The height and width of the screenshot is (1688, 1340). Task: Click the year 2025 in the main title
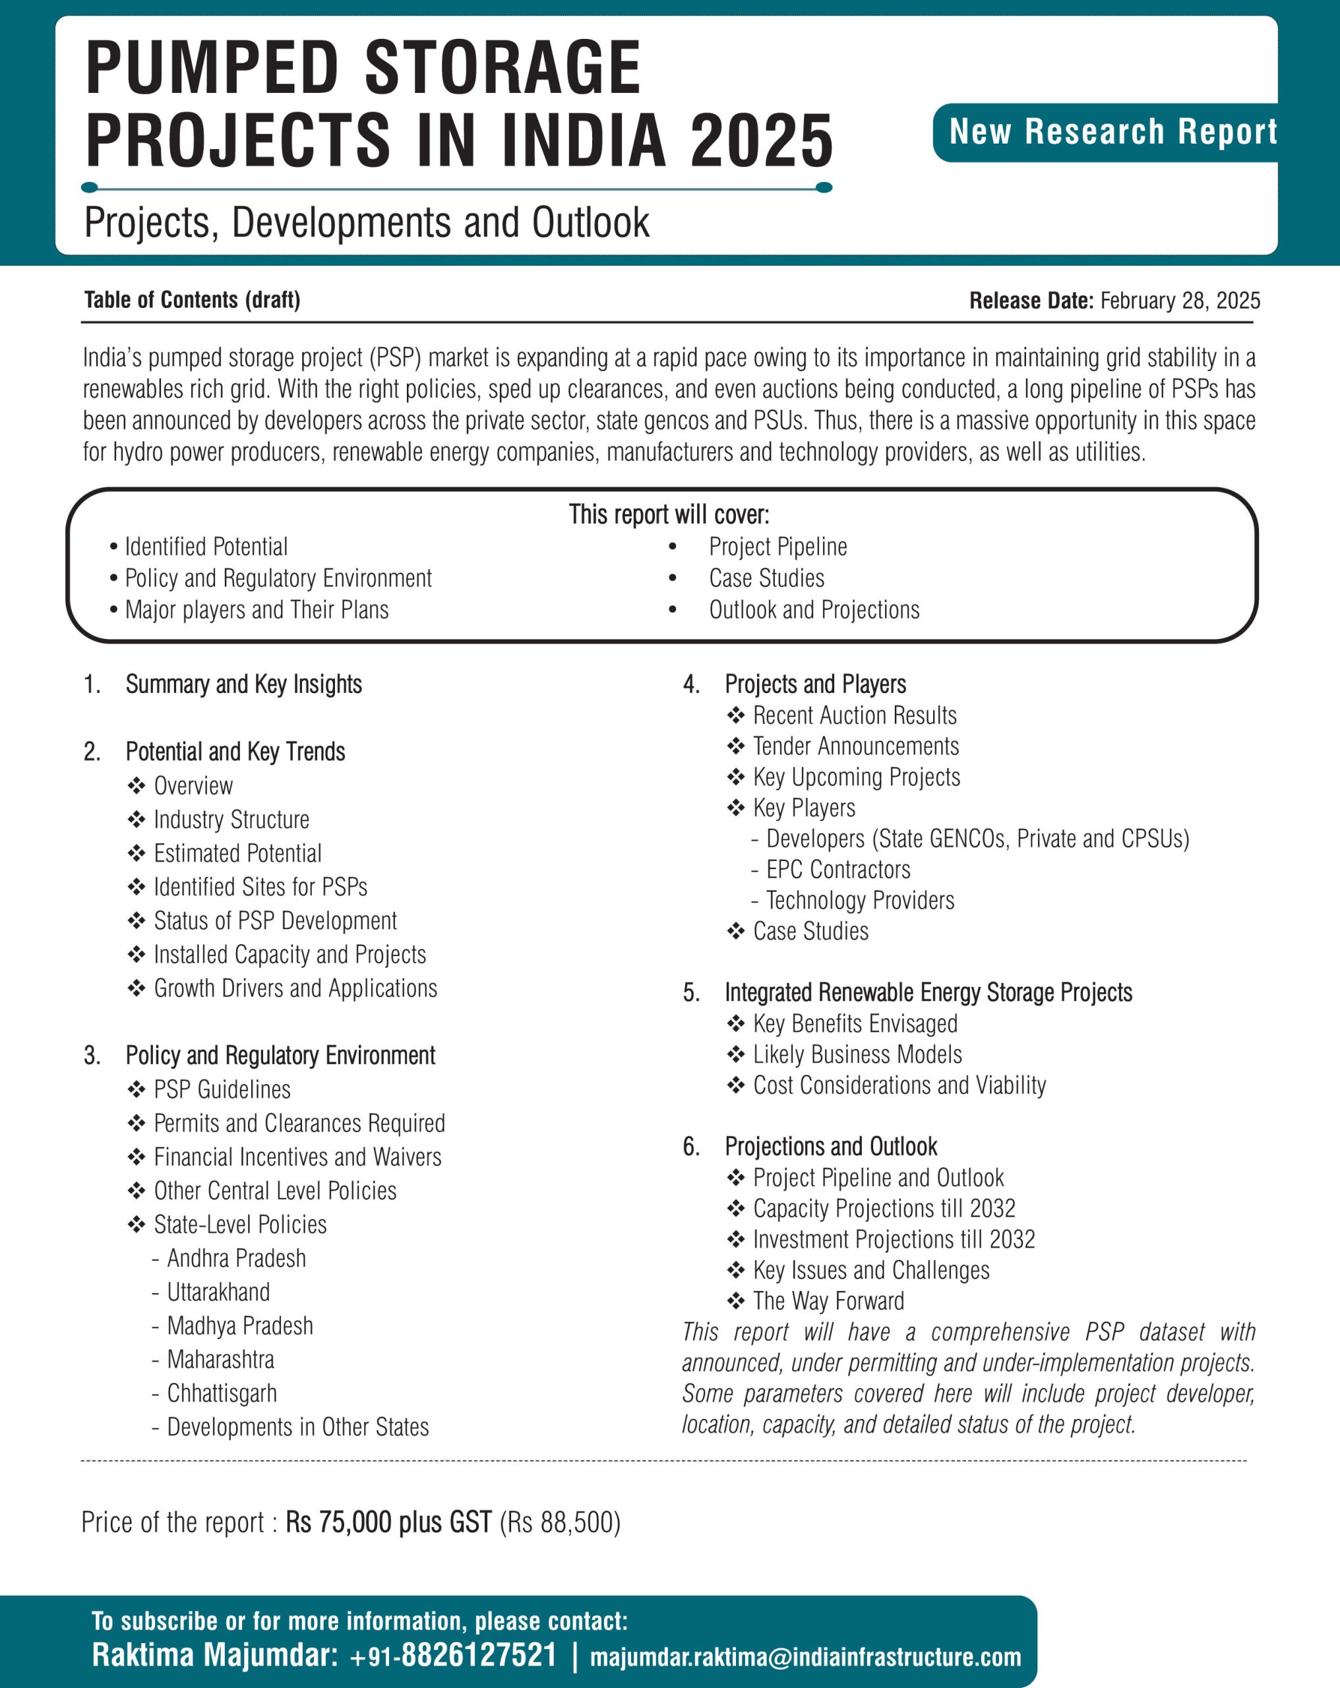point(761,141)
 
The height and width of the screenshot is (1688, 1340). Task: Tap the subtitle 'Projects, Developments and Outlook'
point(367,222)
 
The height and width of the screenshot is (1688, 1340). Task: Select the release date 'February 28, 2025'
point(1180,301)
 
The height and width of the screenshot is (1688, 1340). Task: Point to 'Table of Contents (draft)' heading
point(192,300)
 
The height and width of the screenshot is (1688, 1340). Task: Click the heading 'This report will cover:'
point(669,514)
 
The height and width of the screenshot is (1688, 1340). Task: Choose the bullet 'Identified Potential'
point(206,547)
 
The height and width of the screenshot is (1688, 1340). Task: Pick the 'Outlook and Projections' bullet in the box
point(814,610)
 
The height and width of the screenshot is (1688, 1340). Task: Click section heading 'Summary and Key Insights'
point(243,684)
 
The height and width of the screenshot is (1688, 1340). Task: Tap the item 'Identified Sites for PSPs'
point(260,887)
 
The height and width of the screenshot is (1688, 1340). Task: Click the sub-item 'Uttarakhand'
point(218,1292)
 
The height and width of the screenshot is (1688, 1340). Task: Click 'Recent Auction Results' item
point(855,715)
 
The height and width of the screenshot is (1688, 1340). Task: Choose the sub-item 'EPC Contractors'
point(838,869)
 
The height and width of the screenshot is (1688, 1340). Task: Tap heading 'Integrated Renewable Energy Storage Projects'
point(928,993)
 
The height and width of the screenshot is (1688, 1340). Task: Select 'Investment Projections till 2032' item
point(894,1240)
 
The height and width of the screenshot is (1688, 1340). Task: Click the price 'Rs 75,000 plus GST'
point(388,1522)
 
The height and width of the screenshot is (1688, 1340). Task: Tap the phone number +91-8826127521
point(454,1656)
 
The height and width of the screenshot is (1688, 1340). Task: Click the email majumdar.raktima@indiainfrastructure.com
point(805,1658)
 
